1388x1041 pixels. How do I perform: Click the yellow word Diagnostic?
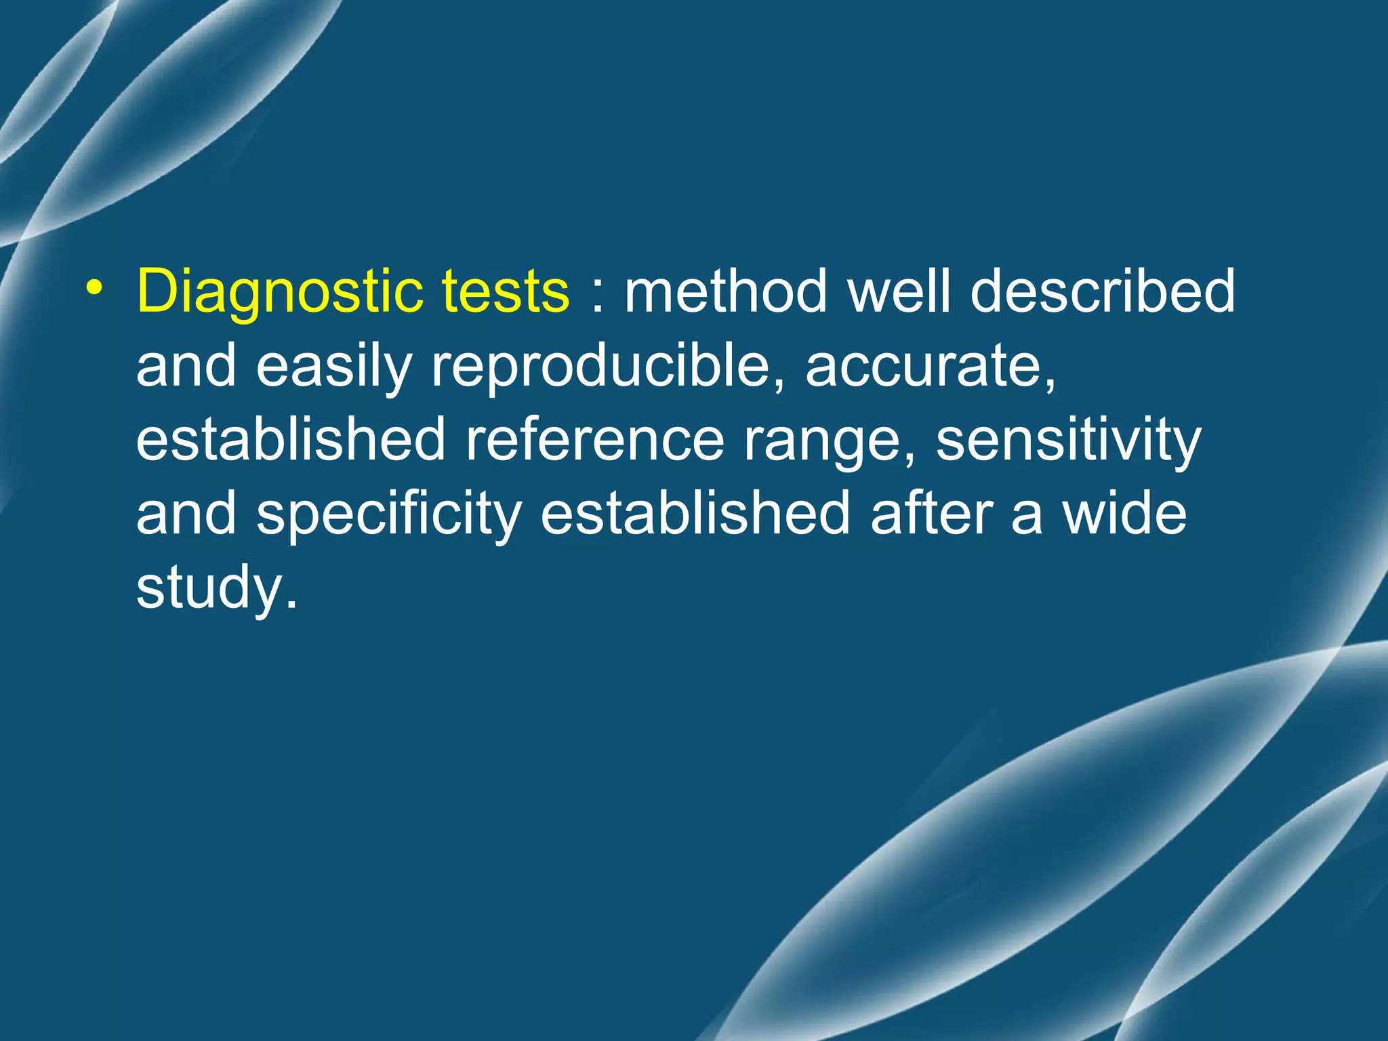pyautogui.click(x=279, y=292)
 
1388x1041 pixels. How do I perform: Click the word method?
pyautogui.click(x=726, y=292)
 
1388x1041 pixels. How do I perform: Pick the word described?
pyautogui.click(x=1103, y=292)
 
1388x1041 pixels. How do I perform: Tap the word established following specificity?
pyautogui.click(x=695, y=513)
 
